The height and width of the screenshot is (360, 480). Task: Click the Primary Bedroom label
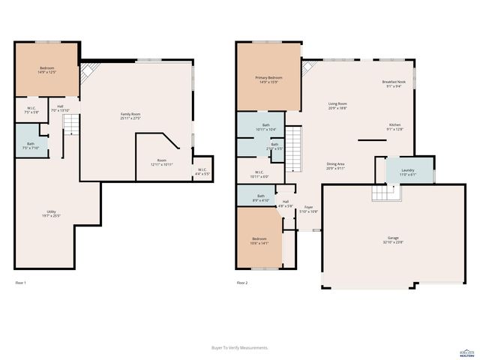[x=268, y=79]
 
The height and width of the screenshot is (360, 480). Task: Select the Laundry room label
[x=407, y=172]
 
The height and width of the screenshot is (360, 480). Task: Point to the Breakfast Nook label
[x=393, y=83]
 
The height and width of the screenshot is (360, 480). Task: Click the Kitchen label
[x=394, y=127]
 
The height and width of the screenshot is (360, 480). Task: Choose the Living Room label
[x=337, y=106]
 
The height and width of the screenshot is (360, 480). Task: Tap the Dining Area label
[x=335, y=166]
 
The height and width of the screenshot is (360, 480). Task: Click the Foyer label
[x=308, y=209]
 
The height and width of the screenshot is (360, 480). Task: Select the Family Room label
[x=131, y=116]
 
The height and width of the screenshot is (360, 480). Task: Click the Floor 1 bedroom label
[x=46, y=70]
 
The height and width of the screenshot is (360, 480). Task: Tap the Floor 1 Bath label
[x=31, y=145]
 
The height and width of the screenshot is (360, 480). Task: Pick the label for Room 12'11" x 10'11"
[x=161, y=163]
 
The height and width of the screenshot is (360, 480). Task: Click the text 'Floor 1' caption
[x=21, y=283]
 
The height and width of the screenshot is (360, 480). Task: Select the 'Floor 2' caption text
[x=241, y=283]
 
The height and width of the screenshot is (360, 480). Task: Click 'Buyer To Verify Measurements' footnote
[x=240, y=348]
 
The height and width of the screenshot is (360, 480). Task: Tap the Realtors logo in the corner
[x=466, y=350]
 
